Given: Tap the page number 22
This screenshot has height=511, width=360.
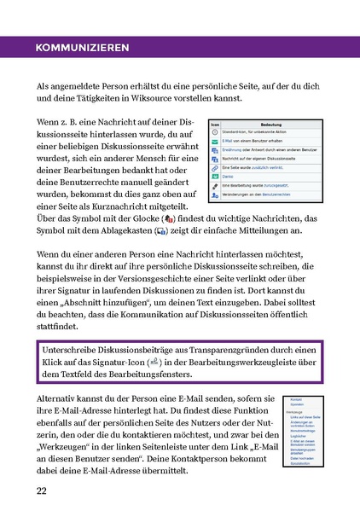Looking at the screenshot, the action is coord(41,491).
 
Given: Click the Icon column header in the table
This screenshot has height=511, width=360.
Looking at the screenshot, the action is coord(215,124).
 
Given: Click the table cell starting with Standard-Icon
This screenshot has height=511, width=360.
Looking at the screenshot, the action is coord(264,134).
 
